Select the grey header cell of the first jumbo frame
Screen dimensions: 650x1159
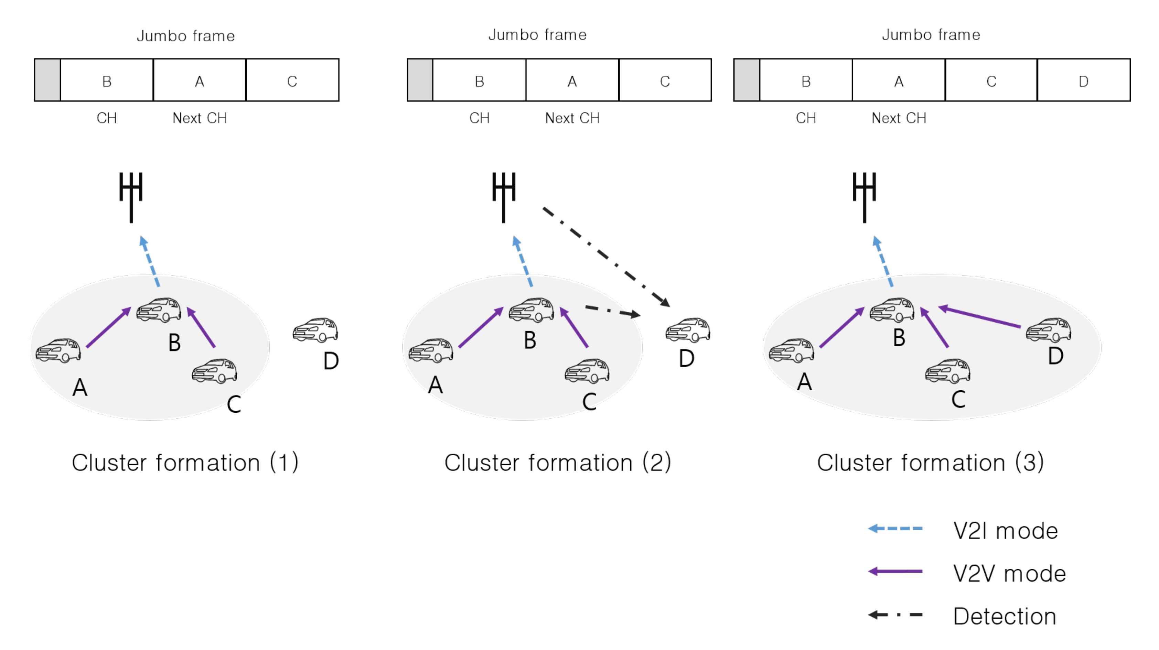[x=47, y=80]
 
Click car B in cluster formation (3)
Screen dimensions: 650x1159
[x=892, y=310]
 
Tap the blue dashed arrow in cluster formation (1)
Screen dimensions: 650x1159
[x=150, y=261]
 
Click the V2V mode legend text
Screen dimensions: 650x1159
[x=1009, y=574]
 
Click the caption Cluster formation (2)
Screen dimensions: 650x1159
[x=557, y=463]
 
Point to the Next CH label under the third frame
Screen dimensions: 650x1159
[x=899, y=118]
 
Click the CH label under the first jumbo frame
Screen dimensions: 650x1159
[x=107, y=118]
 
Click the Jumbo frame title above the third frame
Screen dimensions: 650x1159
[x=931, y=35]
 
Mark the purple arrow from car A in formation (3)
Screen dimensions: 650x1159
[x=841, y=327]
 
